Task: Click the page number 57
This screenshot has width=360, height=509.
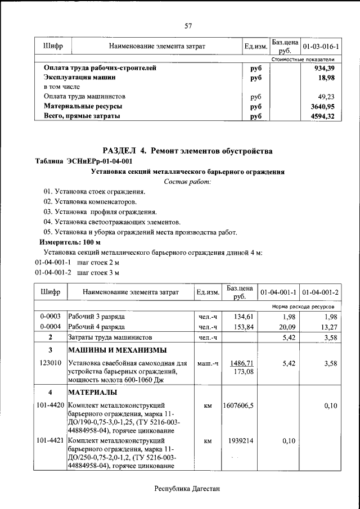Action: (188, 25)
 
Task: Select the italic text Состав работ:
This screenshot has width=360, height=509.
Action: (188, 182)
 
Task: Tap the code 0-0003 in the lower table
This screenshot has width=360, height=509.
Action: (51, 317)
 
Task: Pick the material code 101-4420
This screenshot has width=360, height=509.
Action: (51, 405)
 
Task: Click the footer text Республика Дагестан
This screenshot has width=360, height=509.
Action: (188, 489)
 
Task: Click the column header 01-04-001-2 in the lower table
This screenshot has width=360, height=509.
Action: (320, 292)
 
